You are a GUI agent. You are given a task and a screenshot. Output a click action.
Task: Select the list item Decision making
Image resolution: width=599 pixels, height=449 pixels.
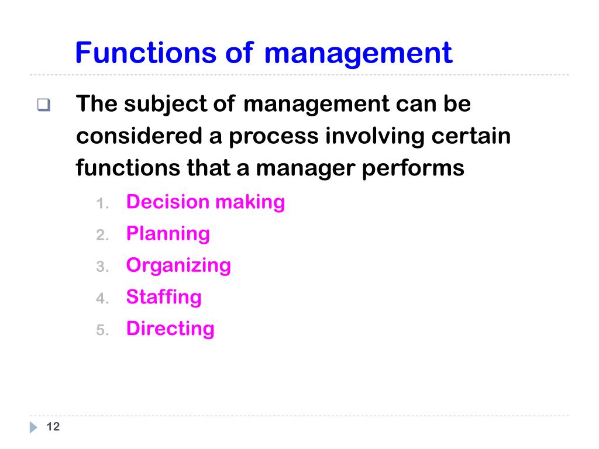coord(205,202)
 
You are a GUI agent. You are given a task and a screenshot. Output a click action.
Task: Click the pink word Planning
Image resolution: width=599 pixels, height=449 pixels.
coord(168,234)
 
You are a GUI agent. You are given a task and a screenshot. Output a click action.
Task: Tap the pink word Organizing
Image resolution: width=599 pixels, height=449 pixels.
coord(178,266)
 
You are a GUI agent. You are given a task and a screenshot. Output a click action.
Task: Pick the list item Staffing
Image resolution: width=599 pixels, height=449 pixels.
coord(164,297)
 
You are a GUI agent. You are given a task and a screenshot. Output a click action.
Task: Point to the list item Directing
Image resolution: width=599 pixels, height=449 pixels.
coord(170,329)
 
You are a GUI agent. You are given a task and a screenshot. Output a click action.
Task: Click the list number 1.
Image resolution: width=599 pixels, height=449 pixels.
coord(102,204)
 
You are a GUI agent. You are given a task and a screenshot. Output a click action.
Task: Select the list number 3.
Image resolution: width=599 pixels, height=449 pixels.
coord(102,267)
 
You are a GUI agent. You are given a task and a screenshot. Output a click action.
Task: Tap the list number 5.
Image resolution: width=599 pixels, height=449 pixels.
coord(102,330)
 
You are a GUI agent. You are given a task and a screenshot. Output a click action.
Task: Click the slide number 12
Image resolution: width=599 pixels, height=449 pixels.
coord(53,427)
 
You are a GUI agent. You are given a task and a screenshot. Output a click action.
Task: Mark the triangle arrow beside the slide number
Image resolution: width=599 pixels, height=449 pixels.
coord(33,427)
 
